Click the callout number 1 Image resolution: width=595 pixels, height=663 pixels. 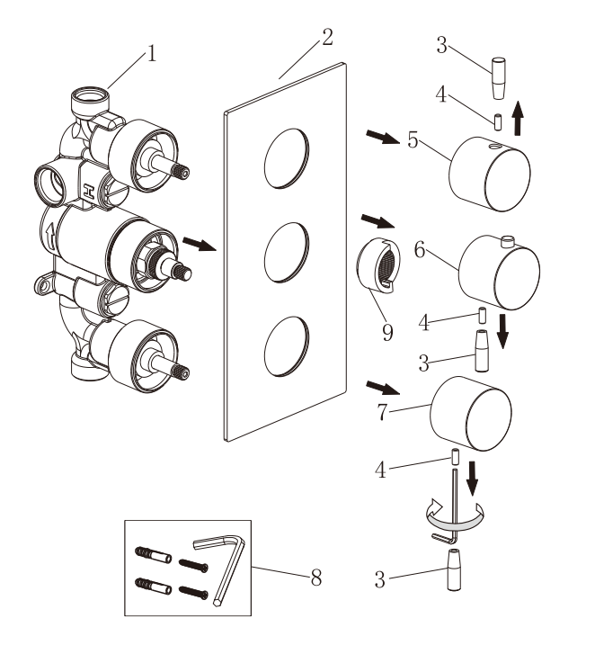tap(151, 54)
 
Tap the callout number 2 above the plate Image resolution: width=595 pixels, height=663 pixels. tap(327, 37)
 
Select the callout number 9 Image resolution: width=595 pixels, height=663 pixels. tap(387, 332)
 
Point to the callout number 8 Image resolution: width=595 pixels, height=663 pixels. tap(316, 578)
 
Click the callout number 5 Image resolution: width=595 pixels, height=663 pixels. tap(413, 140)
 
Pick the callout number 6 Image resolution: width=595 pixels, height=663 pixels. tap(419, 249)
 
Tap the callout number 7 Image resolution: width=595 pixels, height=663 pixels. tap(382, 412)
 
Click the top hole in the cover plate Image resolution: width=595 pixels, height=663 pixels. tap(287, 158)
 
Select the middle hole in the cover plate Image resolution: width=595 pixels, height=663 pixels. tap(287, 253)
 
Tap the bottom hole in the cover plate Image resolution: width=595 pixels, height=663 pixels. tap(287, 346)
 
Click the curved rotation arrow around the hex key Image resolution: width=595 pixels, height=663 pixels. tap(455, 521)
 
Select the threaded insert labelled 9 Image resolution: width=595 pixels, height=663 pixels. tap(378, 265)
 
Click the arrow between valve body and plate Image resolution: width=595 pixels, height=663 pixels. tap(200, 245)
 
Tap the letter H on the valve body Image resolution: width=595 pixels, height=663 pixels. tap(89, 191)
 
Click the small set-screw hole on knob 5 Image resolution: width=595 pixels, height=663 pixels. tap(493, 147)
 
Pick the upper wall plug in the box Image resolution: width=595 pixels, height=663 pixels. tap(153, 555)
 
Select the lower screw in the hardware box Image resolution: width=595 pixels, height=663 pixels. tap(193, 592)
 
